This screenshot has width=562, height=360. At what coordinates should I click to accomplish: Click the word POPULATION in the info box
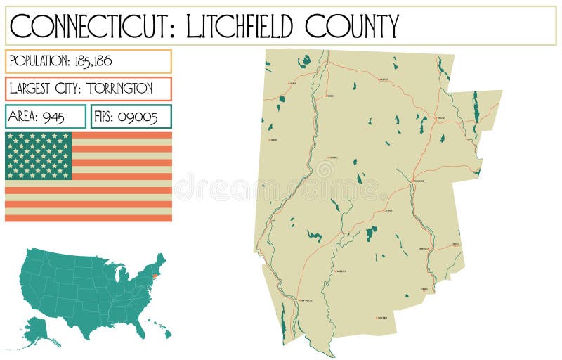(x=39, y=61)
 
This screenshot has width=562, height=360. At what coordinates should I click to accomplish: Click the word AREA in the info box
(x=24, y=117)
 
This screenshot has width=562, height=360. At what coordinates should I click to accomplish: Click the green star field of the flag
(x=39, y=155)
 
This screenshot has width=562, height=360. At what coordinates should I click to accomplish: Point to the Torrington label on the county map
(x=419, y=181)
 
